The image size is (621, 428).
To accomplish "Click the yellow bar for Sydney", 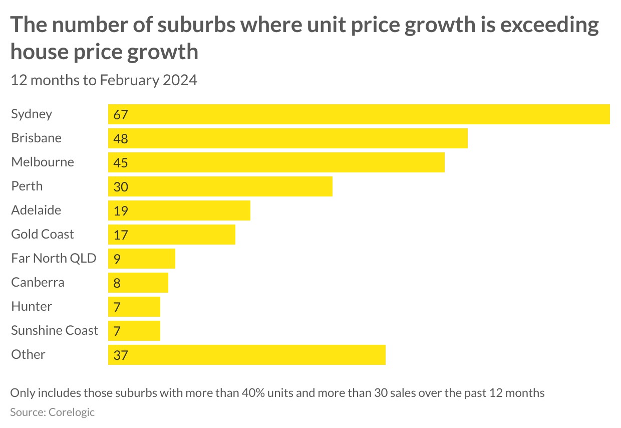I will pyautogui.click(x=359, y=114).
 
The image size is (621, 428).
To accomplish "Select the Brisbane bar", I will pyautogui.click(x=287, y=138).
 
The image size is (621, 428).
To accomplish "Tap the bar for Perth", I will pyautogui.click(x=220, y=186).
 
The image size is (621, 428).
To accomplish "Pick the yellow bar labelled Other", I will pyautogui.click(x=246, y=355).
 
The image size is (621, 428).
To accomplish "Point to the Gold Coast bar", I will pyautogui.click(x=171, y=235).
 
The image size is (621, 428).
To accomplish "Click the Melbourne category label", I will pyautogui.click(x=43, y=162).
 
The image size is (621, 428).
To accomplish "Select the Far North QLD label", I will pyautogui.click(x=54, y=258).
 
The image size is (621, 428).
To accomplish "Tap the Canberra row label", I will pyautogui.click(x=38, y=282).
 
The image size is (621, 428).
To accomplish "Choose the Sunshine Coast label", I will pyautogui.click(x=55, y=330).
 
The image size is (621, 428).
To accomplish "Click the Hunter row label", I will pyautogui.click(x=32, y=306).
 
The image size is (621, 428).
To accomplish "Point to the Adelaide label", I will pyautogui.click(x=36, y=210).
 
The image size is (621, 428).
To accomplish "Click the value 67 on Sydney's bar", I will pyautogui.click(x=121, y=115).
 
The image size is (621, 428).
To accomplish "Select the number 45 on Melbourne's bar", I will pyautogui.click(x=121, y=163).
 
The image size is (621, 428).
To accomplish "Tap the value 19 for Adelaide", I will pyautogui.click(x=121, y=211).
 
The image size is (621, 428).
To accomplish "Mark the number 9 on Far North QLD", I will pyautogui.click(x=117, y=259).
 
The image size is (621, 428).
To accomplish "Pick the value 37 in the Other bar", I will pyautogui.click(x=121, y=355).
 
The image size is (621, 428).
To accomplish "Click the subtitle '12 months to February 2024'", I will pyautogui.click(x=104, y=80).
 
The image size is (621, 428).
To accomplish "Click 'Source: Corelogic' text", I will pyautogui.click(x=52, y=412).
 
